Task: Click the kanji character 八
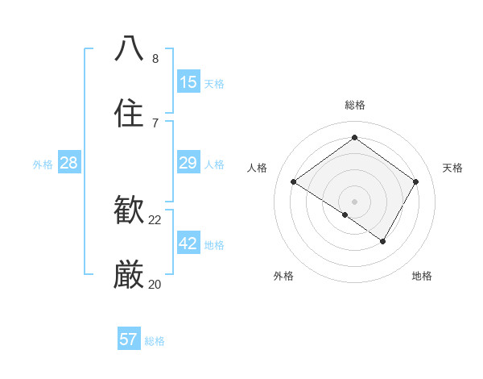pos(130,48)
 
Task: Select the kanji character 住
pos(130,114)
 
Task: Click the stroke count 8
pos(155,58)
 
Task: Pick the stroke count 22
pos(155,219)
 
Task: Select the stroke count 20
pos(155,284)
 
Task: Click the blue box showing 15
pos(188,82)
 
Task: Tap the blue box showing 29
pos(188,163)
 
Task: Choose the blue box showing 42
pos(188,244)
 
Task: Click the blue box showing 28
pos(68,163)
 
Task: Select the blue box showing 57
pos(129,339)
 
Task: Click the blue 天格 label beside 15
pos(214,84)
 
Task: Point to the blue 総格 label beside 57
pos(155,341)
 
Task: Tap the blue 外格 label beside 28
pos(43,165)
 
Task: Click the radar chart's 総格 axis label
pos(355,105)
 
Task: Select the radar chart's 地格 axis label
pos(422,276)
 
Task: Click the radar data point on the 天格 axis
pos(416,181)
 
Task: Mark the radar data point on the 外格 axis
pos(345,214)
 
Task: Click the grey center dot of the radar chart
pos(355,201)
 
